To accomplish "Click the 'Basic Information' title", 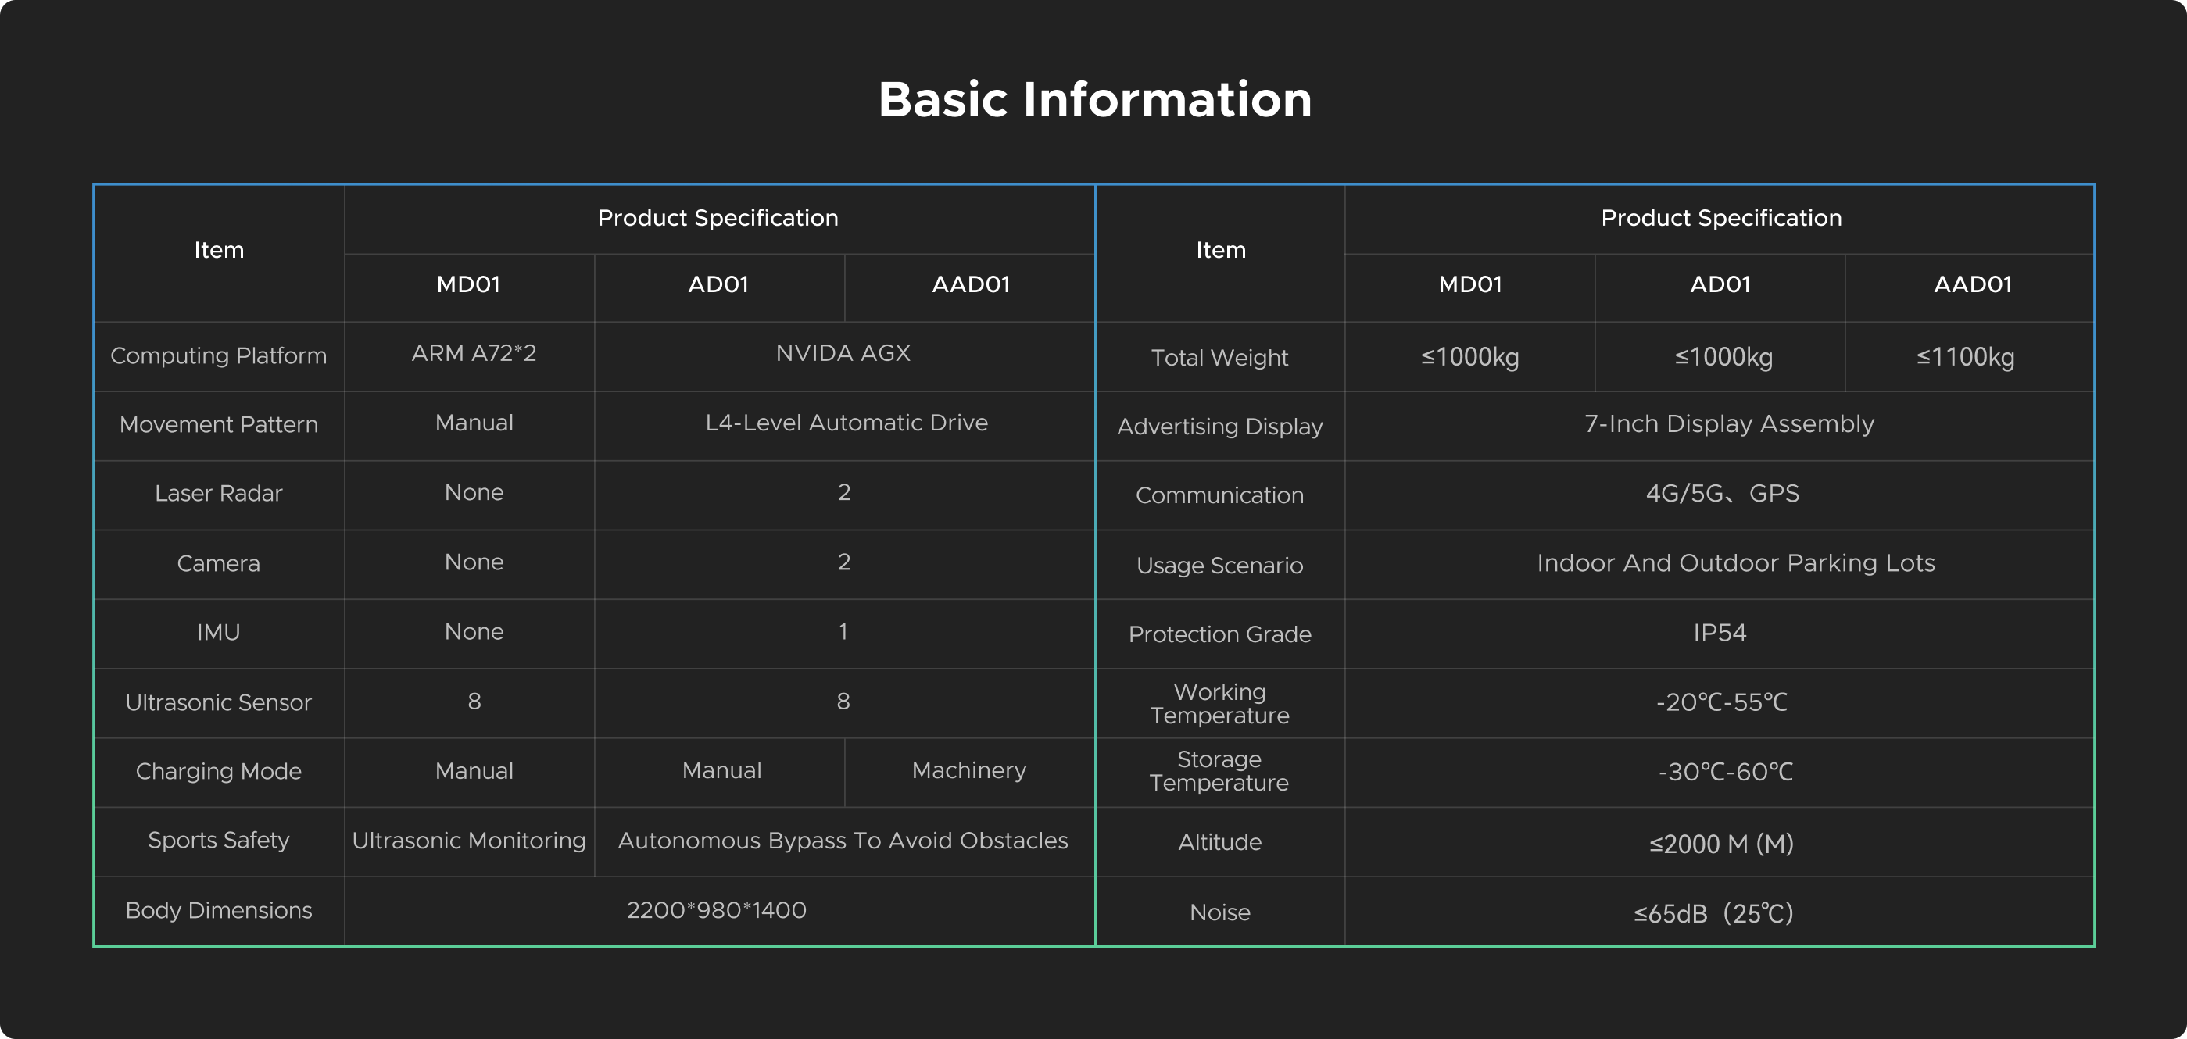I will coord(1094,100).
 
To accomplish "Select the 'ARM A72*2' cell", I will coord(474,353).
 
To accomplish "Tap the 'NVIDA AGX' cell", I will coord(843,353).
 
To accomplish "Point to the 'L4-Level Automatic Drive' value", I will coord(847,423).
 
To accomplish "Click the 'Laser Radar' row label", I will coord(218,493).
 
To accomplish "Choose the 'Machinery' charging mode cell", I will coord(968,770).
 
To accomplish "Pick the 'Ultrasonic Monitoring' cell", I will coord(469,841).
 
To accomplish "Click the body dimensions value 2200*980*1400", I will coord(717,910).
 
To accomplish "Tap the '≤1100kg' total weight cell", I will coord(1966,356).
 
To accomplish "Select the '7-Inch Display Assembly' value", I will coord(1728,423).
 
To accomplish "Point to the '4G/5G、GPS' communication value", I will coord(1722,493).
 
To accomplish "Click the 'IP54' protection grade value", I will coord(1720,633).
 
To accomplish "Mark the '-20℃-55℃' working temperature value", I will coord(1722,702).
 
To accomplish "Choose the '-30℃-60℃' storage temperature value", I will coord(1725,772).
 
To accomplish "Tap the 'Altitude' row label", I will coord(1219,842).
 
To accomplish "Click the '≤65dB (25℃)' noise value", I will coord(1713,913).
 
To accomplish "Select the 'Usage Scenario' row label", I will coord(1219,566).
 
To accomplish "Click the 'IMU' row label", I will coord(218,633).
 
